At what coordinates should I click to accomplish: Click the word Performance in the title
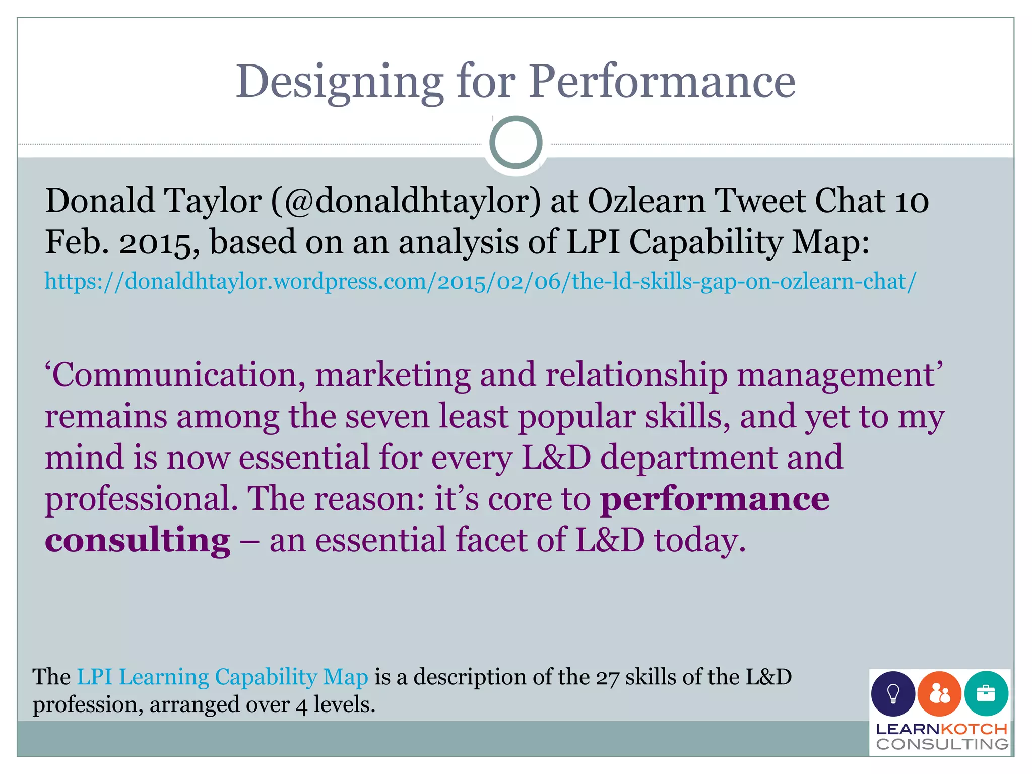(662, 82)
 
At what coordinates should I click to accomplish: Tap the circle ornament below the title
(515, 143)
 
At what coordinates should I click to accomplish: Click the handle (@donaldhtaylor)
(406, 201)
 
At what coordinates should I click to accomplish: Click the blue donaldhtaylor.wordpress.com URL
(480, 281)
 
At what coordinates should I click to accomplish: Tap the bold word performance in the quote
(715, 500)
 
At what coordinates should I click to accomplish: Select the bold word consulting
(138, 541)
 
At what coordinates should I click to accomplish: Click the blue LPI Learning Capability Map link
(222, 677)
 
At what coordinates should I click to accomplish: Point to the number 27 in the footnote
(607, 678)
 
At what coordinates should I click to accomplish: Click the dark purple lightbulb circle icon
(893, 694)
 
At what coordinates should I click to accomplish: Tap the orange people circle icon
(939, 694)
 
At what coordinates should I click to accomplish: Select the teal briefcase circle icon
(986, 694)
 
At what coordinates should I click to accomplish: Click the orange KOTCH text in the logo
(974, 729)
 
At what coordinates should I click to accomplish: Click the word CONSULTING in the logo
(942, 744)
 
